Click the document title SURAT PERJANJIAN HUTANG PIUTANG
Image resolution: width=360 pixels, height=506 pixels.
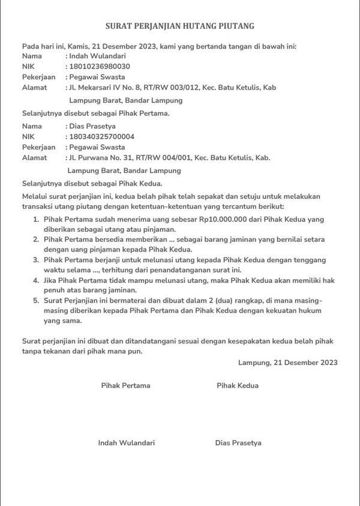[x=180, y=26]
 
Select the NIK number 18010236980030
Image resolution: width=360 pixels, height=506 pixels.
[x=100, y=66]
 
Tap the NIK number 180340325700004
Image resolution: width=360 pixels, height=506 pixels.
[x=102, y=137]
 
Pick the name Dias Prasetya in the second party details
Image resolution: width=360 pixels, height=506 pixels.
[x=92, y=127]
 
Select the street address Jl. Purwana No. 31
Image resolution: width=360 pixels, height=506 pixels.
[x=106, y=158]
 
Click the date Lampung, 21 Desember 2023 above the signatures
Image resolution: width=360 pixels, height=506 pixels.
[x=287, y=363]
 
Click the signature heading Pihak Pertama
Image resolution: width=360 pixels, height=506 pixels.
[x=125, y=385]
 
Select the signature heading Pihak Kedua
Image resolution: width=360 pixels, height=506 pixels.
[x=237, y=385]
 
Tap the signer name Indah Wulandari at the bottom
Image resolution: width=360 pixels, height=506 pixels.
[x=126, y=443]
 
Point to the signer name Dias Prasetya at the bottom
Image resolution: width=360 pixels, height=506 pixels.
[x=238, y=443]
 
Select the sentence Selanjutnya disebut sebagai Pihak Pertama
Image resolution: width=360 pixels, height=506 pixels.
[x=96, y=113]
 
